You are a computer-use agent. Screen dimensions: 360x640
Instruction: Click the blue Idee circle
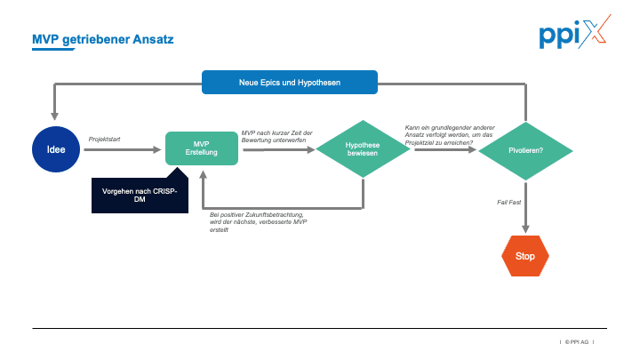56,149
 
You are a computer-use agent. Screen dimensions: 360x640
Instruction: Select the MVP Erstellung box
202,148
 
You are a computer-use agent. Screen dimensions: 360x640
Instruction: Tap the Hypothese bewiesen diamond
362,149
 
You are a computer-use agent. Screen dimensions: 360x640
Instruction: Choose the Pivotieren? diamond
525,149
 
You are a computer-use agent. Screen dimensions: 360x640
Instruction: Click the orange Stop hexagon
525,255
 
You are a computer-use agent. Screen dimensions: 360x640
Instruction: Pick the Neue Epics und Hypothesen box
290,82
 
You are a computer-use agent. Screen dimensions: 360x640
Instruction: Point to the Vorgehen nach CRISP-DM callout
140,195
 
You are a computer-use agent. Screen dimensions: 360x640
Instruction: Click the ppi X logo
574,35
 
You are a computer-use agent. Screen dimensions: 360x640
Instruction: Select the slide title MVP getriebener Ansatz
103,40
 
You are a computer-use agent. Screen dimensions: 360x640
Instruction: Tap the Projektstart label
106,139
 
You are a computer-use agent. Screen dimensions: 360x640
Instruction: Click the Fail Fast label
508,203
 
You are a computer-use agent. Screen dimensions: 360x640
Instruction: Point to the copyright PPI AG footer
577,341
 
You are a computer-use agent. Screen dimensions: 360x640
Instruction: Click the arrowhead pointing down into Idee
56,116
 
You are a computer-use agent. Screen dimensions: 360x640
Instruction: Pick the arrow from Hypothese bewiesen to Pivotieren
444,149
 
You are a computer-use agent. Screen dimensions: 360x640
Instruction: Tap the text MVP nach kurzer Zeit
276,136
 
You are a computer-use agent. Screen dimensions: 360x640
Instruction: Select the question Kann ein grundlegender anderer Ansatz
449,135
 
